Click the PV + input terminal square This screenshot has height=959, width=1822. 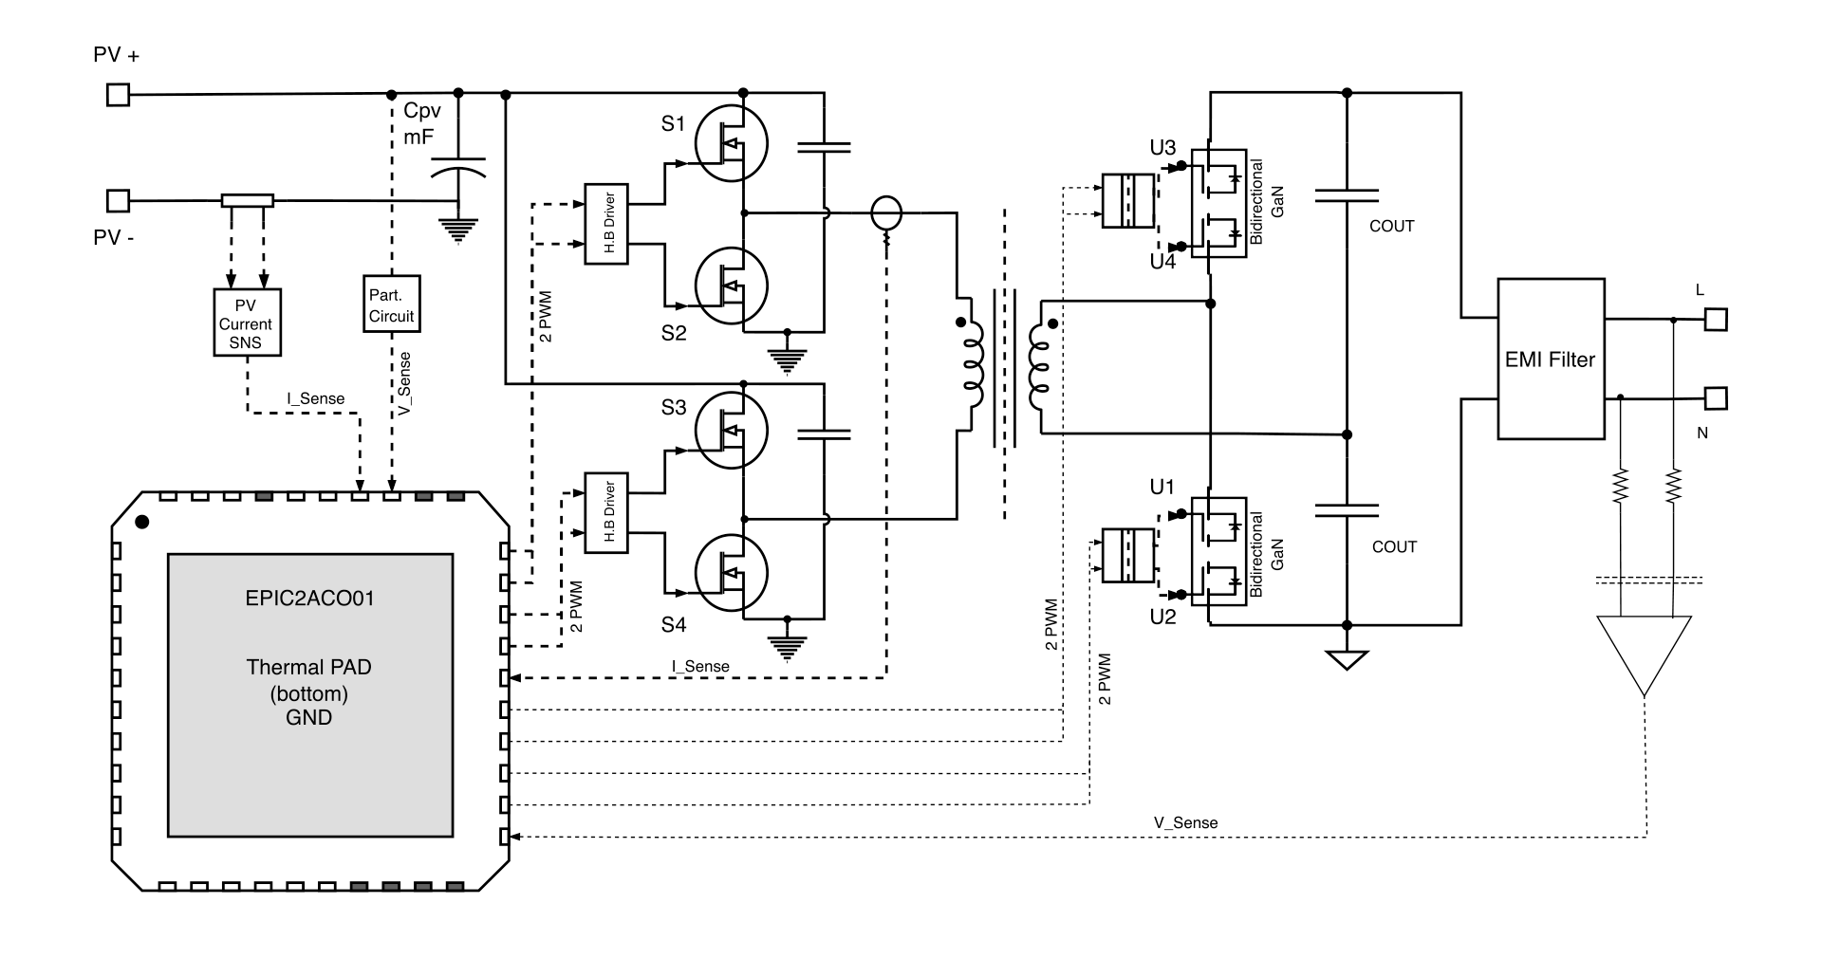pyautogui.click(x=118, y=95)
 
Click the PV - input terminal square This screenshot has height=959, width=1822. pyautogui.click(x=118, y=200)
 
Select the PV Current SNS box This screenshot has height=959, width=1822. pyautogui.click(x=246, y=323)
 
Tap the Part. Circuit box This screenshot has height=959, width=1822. pyautogui.click(x=391, y=304)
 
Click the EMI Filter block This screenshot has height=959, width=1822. pyautogui.click(x=1551, y=359)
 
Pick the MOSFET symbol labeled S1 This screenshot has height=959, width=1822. pyautogui.click(x=731, y=143)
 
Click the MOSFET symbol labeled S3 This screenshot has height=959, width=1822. pyautogui.click(x=731, y=432)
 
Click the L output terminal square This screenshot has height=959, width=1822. pyautogui.click(x=1716, y=319)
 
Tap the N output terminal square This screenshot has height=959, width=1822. pyautogui.click(x=1716, y=398)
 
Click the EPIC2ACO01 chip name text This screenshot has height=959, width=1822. pyautogui.click(x=309, y=599)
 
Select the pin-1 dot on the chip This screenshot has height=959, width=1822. pyautogui.click(x=142, y=521)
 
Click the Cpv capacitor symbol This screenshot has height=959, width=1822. pyautogui.click(x=458, y=167)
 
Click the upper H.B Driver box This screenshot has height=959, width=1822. pyautogui.click(x=606, y=224)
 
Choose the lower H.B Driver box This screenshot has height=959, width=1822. pyautogui.click(x=606, y=512)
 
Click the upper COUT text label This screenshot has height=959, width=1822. pyautogui.click(x=1391, y=226)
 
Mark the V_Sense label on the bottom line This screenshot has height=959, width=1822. pyautogui.click(x=1185, y=822)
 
